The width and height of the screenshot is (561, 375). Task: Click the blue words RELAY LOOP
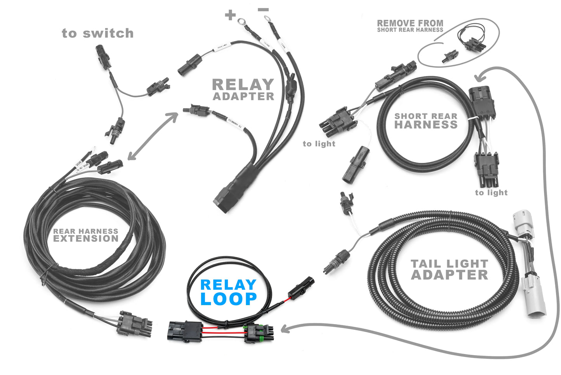coord(228,292)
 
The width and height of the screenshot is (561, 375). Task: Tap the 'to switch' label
coord(97,33)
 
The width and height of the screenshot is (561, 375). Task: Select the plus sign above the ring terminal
coord(230,15)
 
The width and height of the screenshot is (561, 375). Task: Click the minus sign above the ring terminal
coord(263,9)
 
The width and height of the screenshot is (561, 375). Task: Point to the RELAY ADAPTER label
coord(243,90)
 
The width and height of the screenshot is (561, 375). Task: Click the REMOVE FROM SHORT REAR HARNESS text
coord(410,26)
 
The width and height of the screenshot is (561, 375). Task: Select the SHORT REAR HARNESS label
coord(426,121)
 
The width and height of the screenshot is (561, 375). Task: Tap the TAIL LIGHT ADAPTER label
coord(449,270)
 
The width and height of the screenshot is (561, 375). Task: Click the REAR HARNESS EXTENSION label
coord(86,235)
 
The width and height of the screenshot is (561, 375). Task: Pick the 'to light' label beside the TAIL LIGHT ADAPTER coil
coord(491,193)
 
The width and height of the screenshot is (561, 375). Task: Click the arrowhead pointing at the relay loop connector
coord(285,330)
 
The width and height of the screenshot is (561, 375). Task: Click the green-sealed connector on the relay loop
coord(259,334)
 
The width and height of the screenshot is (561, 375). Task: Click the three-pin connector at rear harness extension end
coord(135,323)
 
